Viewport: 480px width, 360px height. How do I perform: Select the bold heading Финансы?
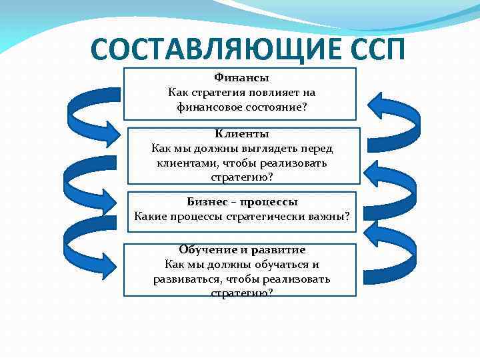tap(241, 78)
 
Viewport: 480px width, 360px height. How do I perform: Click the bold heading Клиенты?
tap(242, 135)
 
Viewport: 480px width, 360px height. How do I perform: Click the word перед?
tap(313, 149)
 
